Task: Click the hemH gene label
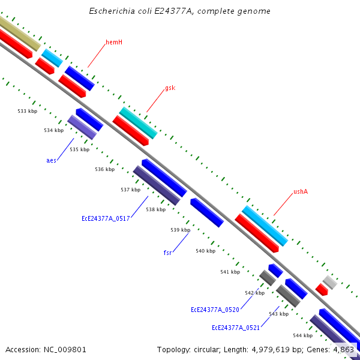114,42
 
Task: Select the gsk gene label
170,88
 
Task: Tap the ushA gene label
301,192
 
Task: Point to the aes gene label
51,160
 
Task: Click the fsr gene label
168,253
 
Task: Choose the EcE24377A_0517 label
106,219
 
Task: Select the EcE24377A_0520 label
215,310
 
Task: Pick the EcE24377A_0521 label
236,328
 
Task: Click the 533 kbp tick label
27,111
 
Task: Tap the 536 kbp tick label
104,169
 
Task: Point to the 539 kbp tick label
180,230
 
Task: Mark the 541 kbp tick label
230,272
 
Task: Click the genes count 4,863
344,349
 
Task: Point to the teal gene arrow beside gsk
138,122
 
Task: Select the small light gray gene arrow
329,281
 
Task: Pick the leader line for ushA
283,205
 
